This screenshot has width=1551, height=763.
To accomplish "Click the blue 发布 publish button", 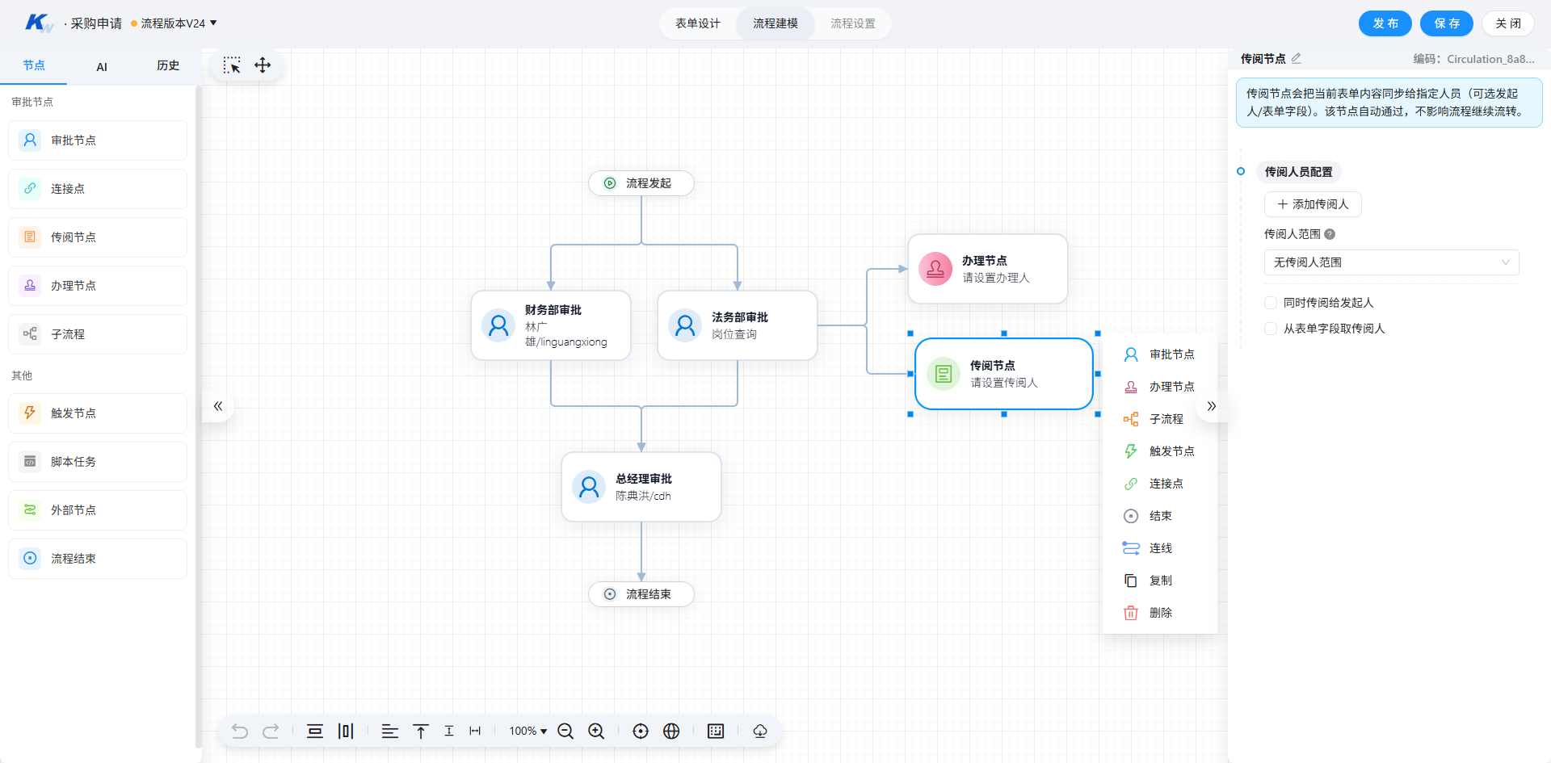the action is pyautogui.click(x=1385, y=23).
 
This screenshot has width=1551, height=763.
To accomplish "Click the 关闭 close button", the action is pyautogui.click(x=1507, y=23).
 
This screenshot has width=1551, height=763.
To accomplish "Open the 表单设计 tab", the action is pyautogui.click(x=698, y=23).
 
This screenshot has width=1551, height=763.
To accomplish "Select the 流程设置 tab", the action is pyautogui.click(x=853, y=23).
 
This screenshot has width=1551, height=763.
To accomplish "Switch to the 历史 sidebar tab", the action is pyautogui.click(x=168, y=65).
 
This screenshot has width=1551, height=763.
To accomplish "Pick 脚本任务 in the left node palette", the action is pyautogui.click(x=98, y=462).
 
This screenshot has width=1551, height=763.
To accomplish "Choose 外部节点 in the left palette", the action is pyautogui.click(x=98, y=510).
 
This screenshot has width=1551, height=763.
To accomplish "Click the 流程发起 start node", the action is pyautogui.click(x=641, y=183).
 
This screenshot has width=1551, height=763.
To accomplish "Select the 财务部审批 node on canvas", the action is pyautogui.click(x=551, y=325).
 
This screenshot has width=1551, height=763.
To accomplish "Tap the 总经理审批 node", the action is pyautogui.click(x=641, y=487).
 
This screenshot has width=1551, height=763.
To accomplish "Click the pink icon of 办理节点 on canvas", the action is pyautogui.click(x=935, y=269).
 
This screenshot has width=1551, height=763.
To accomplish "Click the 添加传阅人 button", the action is pyautogui.click(x=1313, y=204).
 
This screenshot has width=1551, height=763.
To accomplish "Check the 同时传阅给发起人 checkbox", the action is pyautogui.click(x=1271, y=303).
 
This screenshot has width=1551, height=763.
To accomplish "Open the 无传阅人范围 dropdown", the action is pyautogui.click(x=1391, y=262).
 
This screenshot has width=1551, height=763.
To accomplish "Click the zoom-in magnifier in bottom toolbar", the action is pyautogui.click(x=596, y=731).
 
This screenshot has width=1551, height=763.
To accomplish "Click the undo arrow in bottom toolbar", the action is pyautogui.click(x=240, y=731).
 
